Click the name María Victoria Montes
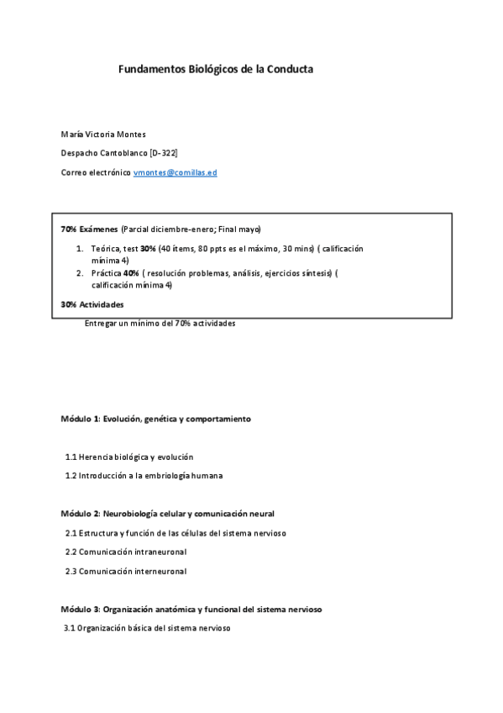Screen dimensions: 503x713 pyautogui.click(x=103, y=134)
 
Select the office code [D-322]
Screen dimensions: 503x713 pyautogui.click(x=163, y=153)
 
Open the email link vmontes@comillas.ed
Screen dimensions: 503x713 pyautogui.click(x=176, y=172)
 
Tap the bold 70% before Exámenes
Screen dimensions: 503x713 pyautogui.click(x=69, y=230)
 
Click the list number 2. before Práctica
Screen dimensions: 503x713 pyautogui.click(x=80, y=273)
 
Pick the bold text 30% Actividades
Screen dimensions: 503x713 pyautogui.click(x=92, y=304)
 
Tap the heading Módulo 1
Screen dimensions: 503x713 pyautogui.click(x=81, y=419)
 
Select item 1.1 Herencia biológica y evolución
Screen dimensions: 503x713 pyautogui.click(x=129, y=457)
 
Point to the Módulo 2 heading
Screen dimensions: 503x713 pyautogui.click(x=81, y=514)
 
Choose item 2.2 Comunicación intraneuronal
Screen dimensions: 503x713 pyautogui.click(x=126, y=552)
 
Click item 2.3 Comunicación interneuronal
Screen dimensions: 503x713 pyautogui.click(x=126, y=571)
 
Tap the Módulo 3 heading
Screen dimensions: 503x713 pyautogui.click(x=81, y=609)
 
